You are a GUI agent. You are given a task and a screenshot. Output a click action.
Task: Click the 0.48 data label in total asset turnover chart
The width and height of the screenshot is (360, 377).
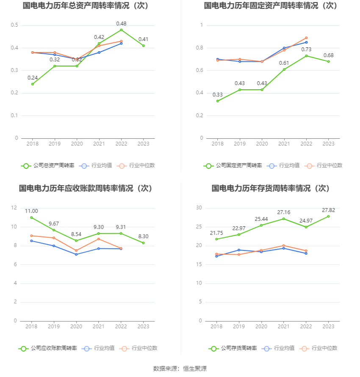point(121,24)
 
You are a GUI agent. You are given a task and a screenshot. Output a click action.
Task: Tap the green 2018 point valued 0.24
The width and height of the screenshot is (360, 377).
point(32,84)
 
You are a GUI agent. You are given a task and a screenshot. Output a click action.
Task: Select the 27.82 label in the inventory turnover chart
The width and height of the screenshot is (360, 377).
point(328,210)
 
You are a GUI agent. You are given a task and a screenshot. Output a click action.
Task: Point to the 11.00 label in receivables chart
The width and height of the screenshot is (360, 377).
point(31,211)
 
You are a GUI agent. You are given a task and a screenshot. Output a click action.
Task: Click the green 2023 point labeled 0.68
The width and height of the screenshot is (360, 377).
point(328,61)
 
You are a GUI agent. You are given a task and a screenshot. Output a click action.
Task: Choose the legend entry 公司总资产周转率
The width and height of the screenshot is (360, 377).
point(47,165)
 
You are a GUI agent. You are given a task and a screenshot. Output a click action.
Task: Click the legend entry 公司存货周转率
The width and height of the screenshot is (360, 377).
point(233,348)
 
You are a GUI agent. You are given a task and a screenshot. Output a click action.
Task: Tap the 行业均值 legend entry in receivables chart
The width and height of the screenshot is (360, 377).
point(98,348)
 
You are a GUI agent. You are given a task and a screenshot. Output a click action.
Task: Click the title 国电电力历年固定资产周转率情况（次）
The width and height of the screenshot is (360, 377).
point(271,6)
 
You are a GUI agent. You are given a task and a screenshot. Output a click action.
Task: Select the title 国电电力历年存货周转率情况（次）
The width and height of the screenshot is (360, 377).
point(271,188)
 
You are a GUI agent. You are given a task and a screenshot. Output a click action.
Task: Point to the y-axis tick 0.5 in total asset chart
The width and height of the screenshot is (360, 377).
point(14,25)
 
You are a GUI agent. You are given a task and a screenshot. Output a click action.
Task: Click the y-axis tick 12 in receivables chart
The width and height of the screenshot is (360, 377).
point(14,208)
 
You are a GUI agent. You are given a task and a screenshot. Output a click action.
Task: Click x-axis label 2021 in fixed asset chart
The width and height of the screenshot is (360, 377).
point(284,144)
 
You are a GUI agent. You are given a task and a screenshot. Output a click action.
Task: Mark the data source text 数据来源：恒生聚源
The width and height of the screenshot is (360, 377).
point(180,369)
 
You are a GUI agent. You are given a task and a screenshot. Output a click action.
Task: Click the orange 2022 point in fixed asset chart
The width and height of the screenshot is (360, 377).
point(306,38)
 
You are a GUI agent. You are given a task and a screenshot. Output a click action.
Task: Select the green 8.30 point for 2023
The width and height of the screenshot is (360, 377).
point(143,243)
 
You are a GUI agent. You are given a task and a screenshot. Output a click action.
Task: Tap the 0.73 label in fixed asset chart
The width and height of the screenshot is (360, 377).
point(306,50)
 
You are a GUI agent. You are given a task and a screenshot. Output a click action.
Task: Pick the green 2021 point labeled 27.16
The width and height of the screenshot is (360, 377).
point(284,218)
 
